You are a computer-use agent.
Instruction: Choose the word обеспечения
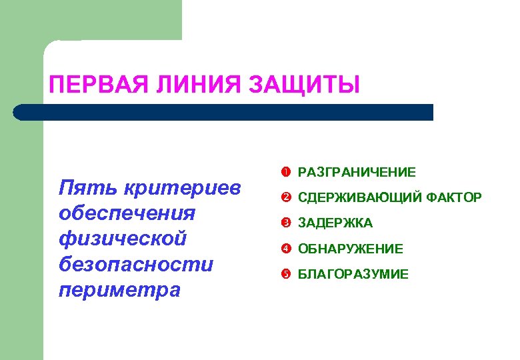tap(127, 213)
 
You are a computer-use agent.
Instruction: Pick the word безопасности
tap(136, 265)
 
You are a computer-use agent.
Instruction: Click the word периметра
tap(120, 290)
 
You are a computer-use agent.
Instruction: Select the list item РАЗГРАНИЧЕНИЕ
tap(357, 173)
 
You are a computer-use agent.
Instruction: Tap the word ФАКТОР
tap(453, 198)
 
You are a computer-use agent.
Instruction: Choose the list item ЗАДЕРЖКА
tap(335, 223)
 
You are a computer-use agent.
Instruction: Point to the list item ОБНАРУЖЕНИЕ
tap(351, 249)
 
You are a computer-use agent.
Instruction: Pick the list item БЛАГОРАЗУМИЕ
tap(353, 274)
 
